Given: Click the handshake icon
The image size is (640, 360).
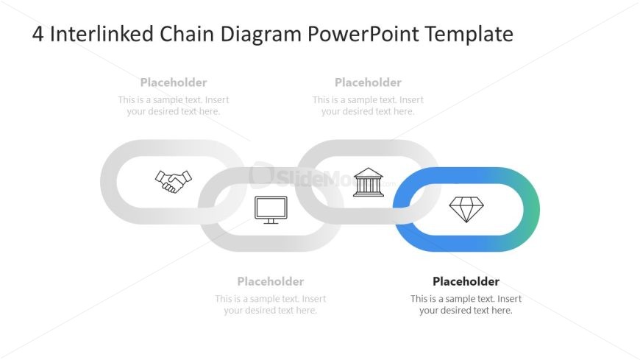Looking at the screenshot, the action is tap(174, 181).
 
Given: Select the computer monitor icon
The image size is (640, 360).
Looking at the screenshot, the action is tap(271, 210).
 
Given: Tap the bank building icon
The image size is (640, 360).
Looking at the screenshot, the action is tap(368, 183).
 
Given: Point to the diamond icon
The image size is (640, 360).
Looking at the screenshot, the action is tap(466, 209).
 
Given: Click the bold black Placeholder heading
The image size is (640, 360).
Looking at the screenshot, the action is tap(466, 281).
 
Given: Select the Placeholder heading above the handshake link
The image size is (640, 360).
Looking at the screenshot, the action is tap(174, 82).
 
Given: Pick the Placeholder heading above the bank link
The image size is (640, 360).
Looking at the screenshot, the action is tap(368, 82).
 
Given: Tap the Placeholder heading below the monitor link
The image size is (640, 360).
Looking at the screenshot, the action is tap(271, 281).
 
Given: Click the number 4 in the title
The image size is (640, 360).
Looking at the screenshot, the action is tap(38, 35).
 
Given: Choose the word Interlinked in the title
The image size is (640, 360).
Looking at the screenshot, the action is tap(102, 34).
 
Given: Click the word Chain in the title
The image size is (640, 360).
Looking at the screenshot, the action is tap(187, 34).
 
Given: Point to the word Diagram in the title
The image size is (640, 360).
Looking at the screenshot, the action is tap(261, 35).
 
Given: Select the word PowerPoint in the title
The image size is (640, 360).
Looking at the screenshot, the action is tap(363, 34).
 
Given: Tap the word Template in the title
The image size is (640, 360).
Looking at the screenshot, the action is tap(469, 35).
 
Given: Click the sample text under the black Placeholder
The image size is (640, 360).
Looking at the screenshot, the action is tap(466, 305).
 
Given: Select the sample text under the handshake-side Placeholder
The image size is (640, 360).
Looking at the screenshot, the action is tap(174, 105).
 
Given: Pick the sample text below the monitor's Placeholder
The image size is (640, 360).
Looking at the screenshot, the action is tap(271, 305).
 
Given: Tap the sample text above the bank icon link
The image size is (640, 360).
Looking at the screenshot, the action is tap(368, 105).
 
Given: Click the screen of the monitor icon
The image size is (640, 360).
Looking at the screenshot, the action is tap(271, 207).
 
